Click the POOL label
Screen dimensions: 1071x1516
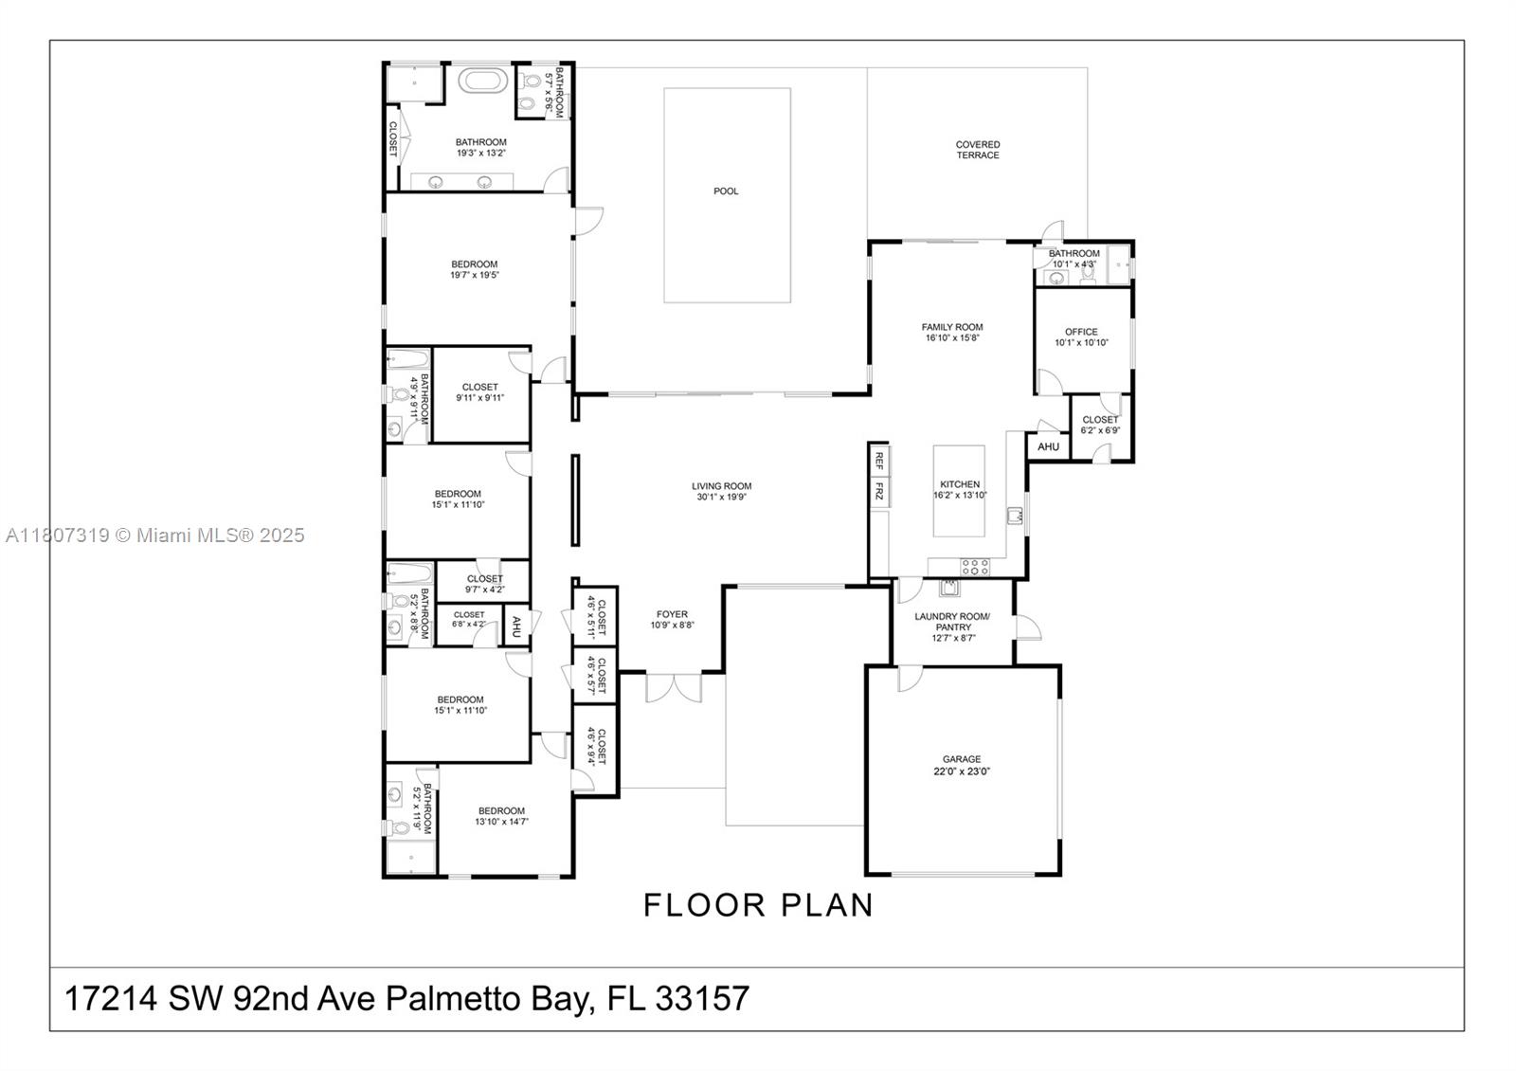click(x=726, y=191)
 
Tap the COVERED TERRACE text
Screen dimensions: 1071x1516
click(x=977, y=150)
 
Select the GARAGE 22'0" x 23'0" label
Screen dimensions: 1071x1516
click(x=962, y=765)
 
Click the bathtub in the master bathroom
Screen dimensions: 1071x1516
click(x=484, y=80)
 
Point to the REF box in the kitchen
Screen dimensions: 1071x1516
click(x=879, y=461)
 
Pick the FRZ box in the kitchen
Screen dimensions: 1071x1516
click(x=879, y=491)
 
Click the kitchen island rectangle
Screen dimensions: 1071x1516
click(x=959, y=491)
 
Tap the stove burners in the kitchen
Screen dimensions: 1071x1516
click(x=975, y=567)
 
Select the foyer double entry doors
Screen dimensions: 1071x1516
click(x=674, y=687)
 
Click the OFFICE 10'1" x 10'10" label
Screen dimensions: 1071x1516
click(x=1081, y=337)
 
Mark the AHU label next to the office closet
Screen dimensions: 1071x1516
click(x=1048, y=446)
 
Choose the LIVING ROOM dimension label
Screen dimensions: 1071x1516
click(x=722, y=491)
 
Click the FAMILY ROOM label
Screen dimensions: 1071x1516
click(x=952, y=332)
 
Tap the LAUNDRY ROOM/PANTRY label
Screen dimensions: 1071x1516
click(x=952, y=626)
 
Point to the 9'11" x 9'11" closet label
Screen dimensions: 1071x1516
click(x=479, y=392)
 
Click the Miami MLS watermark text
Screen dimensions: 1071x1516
click(x=155, y=535)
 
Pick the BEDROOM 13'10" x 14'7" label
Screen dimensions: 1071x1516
click(x=501, y=816)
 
